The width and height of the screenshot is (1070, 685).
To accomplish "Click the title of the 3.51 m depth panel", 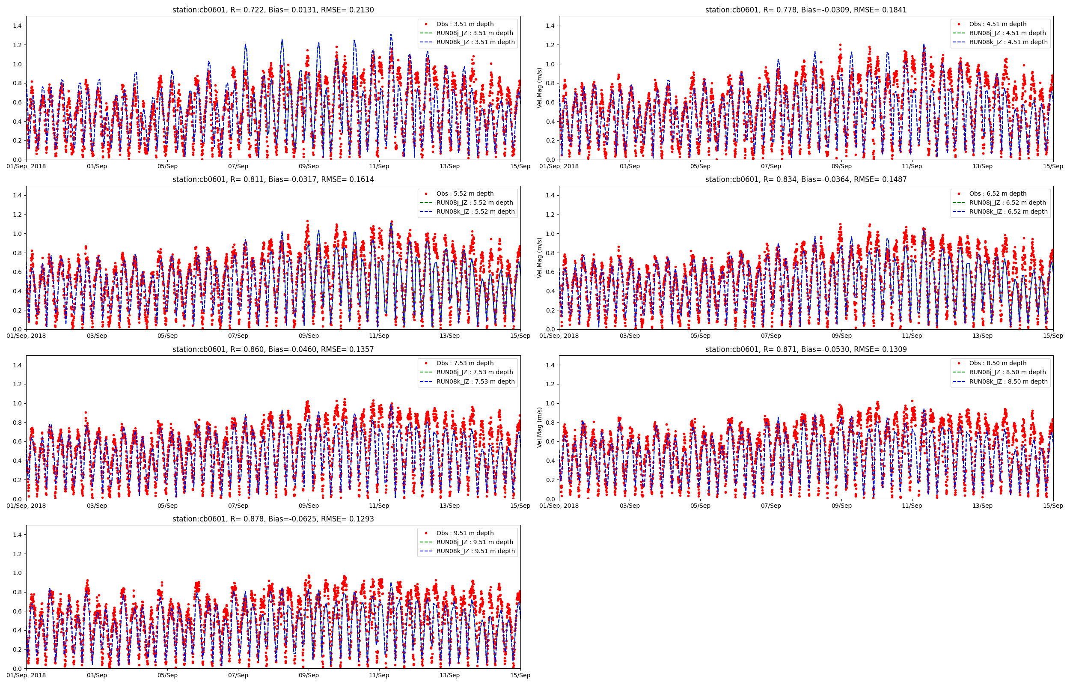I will [x=273, y=10].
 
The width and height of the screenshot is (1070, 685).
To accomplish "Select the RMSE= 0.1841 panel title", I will [x=805, y=10].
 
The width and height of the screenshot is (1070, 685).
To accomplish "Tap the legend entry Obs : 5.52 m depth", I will [x=464, y=194].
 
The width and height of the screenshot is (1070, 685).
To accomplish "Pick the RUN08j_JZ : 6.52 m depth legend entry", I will [x=1008, y=203].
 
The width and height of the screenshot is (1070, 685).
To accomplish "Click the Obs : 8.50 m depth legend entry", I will [x=998, y=363].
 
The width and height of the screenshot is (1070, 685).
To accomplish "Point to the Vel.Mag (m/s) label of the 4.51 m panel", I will [x=540, y=88].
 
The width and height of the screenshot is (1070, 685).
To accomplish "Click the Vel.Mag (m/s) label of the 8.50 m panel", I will [x=540, y=427].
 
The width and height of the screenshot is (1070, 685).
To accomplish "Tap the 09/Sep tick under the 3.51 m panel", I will [x=309, y=167].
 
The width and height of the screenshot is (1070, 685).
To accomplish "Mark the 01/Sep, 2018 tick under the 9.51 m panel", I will [x=26, y=675].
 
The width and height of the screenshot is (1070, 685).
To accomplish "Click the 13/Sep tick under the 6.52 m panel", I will [x=982, y=336].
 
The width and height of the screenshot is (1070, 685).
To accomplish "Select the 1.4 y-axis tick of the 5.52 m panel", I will [x=18, y=195].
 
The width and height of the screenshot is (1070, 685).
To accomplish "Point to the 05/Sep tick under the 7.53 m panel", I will [x=168, y=506].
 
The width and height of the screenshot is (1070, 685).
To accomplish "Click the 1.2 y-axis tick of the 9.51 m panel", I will [x=18, y=554].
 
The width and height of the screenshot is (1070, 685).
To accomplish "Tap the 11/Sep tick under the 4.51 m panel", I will [x=912, y=167].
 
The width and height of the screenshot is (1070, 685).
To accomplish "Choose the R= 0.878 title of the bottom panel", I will [x=273, y=518].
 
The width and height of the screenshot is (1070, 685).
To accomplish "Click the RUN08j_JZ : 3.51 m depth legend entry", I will [x=474, y=33].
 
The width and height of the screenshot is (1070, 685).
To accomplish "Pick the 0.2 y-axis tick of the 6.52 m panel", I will [x=551, y=310].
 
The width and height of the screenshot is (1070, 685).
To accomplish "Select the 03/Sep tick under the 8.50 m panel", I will [x=630, y=506].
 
